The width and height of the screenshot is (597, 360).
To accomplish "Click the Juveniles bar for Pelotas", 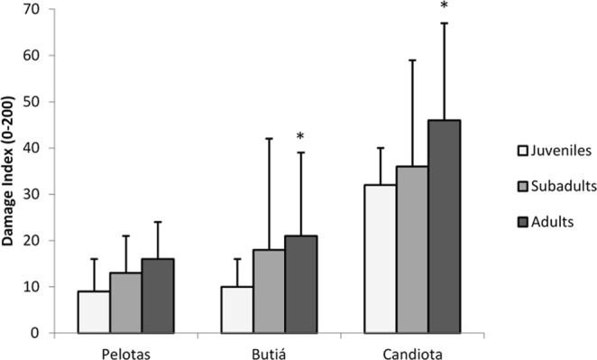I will click(x=94, y=312).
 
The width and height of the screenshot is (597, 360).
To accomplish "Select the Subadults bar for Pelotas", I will click(x=126, y=303).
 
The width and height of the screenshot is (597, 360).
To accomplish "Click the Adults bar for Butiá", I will click(x=301, y=284).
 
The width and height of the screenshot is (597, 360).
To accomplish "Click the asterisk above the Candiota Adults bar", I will click(x=444, y=7).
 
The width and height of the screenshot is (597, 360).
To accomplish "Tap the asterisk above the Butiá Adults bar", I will click(x=301, y=137).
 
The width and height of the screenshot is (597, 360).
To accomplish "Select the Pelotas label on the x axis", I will click(x=126, y=347).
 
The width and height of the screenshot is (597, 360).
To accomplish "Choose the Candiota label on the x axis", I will click(x=412, y=347).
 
